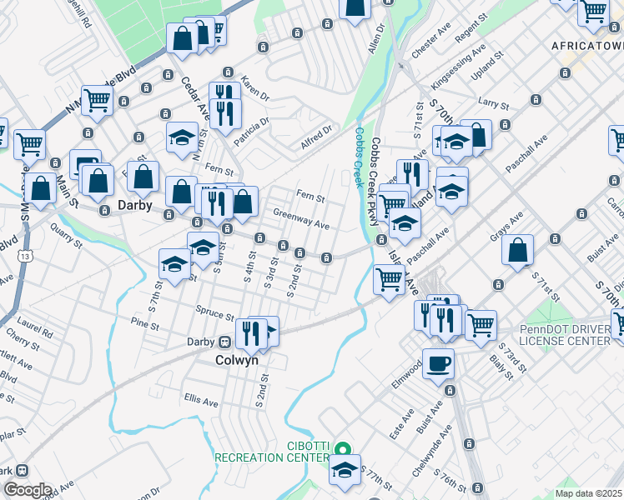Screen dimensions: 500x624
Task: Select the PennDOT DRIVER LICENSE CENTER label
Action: pyautogui.click(x=570, y=334)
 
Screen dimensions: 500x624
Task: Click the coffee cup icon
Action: pyautogui.click(x=439, y=363)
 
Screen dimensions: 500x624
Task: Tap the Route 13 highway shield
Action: pyautogui.click(x=29, y=256)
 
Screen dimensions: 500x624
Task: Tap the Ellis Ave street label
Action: pyautogui.click(x=201, y=402)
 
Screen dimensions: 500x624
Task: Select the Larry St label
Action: pyautogui.click(x=493, y=103)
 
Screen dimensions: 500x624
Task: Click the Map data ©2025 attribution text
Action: pyautogui.click(x=588, y=493)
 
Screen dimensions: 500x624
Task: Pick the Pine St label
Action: pyautogui.click(x=145, y=321)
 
